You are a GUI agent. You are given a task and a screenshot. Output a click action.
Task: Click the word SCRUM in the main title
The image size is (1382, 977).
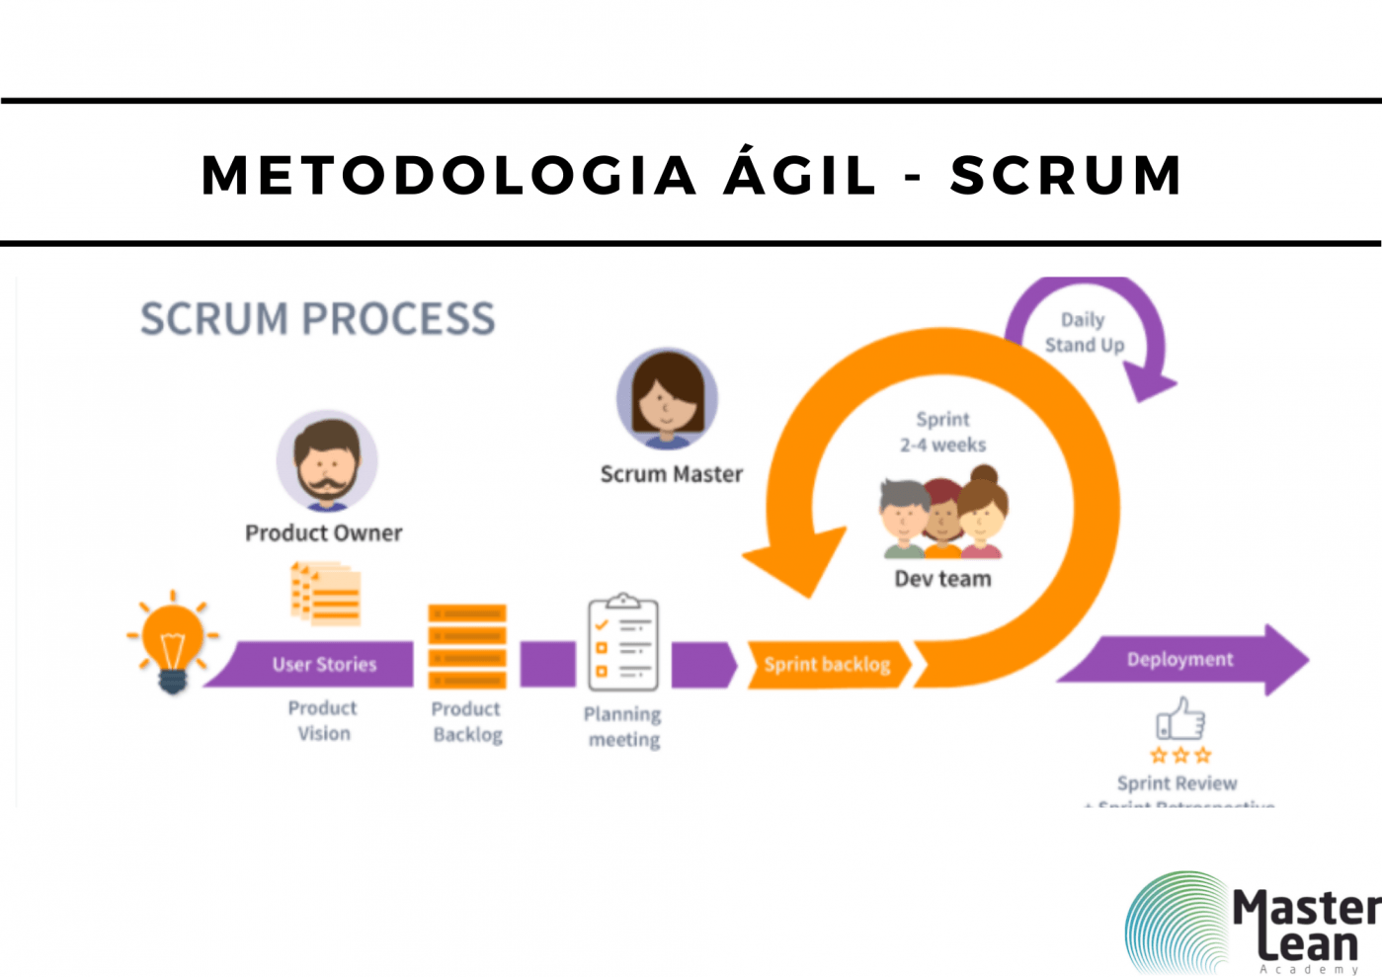pyautogui.click(x=1066, y=175)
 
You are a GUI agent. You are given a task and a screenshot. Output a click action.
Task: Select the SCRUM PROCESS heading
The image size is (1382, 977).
pyautogui.click(x=317, y=318)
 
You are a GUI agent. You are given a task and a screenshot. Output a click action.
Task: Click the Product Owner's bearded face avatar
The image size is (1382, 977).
pyautogui.click(x=327, y=460)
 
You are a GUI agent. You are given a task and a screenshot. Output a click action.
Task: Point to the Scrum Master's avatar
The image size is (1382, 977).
pyautogui.click(x=667, y=398)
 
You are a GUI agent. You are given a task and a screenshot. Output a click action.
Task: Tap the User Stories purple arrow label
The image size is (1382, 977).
pyautogui.click(x=324, y=665)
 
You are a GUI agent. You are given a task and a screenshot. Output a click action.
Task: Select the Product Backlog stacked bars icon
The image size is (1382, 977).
pyautogui.click(x=467, y=646)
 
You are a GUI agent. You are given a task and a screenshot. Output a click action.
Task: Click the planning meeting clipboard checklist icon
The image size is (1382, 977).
pyautogui.click(x=622, y=642)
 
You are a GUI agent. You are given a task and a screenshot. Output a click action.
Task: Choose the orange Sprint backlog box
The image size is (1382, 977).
pyautogui.click(x=827, y=665)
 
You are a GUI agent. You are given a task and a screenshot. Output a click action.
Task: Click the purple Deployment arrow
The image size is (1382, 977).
pyautogui.click(x=1180, y=659)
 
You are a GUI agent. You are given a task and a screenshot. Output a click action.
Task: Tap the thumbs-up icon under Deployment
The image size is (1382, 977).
pyautogui.click(x=1180, y=719)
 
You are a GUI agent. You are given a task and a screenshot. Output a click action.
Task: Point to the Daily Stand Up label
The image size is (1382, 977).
pyautogui.click(x=1084, y=332)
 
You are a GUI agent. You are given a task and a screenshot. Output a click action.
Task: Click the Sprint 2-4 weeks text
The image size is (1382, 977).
pyautogui.click(x=942, y=432)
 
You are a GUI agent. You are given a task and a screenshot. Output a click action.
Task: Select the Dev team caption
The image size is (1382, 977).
pyautogui.click(x=942, y=579)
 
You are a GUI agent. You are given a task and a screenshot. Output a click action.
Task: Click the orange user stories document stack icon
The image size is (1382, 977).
pyautogui.click(x=326, y=594)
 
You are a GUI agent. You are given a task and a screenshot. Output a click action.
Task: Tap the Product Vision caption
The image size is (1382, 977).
pyautogui.click(x=323, y=720)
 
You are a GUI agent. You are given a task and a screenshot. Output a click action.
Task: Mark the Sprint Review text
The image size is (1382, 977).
pyautogui.click(x=1177, y=783)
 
